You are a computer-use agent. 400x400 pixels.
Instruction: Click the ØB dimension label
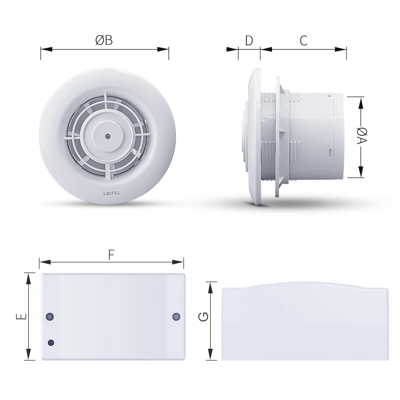coord(105,41)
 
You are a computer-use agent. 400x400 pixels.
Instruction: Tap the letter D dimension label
coord(249,41)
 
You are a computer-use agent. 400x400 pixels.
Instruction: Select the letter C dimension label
coord(303,41)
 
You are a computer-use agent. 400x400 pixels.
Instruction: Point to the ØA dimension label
coord(361,136)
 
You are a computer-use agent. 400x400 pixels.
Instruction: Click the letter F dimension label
coord(111,254)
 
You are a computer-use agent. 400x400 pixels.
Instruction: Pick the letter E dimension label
coord(20,316)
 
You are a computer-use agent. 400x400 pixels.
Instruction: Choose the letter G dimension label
coord(203,316)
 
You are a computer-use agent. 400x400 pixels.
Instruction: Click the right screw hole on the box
coord(176,317)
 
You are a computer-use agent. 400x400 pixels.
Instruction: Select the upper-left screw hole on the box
coord(50,317)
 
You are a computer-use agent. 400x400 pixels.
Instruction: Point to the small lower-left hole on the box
coord(51,342)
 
